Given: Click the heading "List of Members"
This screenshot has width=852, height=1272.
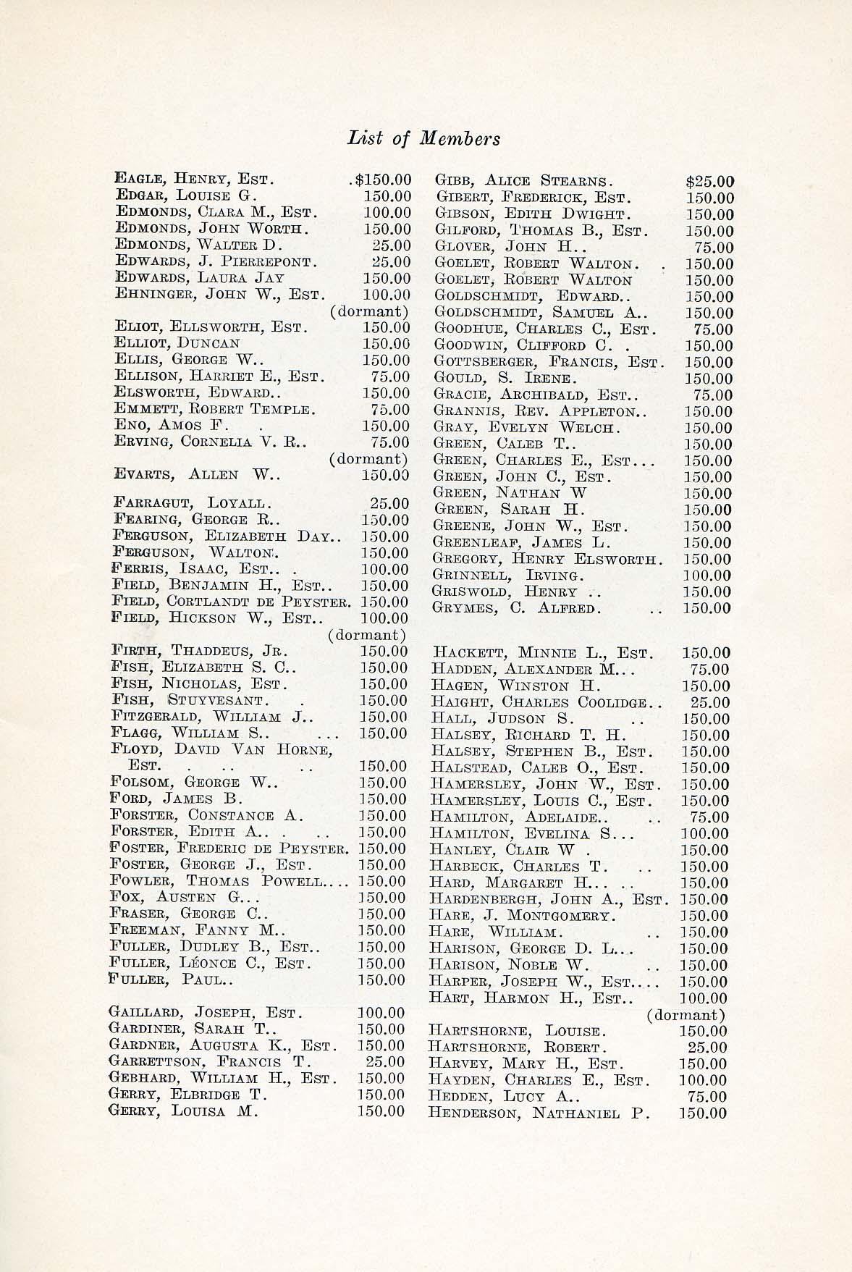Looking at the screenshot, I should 423,138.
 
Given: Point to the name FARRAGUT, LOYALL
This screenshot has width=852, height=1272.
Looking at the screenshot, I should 192,502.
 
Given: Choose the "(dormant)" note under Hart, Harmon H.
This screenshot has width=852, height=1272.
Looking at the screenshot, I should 686,1015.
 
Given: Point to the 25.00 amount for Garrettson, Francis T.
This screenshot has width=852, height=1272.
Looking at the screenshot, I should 384,1062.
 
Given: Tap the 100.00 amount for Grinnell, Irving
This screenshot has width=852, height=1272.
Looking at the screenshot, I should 707,576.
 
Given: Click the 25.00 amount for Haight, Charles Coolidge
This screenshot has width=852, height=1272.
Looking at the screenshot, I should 709,702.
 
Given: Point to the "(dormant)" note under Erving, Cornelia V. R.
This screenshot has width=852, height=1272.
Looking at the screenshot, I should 368,459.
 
